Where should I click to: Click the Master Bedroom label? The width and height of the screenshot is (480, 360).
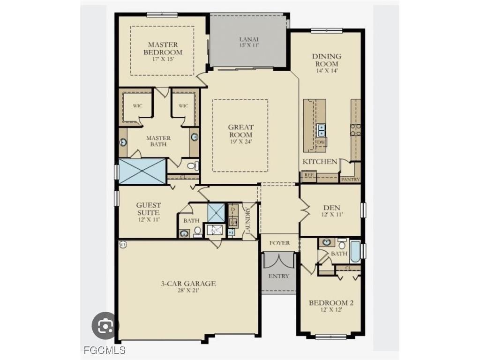(x=162, y=49)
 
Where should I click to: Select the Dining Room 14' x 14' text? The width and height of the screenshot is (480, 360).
(x=327, y=63)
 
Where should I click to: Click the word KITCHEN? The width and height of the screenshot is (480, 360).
(x=320, y=162)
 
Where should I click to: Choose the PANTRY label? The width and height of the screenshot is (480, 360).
(x=350, y=179)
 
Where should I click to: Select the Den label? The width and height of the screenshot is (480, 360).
(x=331, y=210)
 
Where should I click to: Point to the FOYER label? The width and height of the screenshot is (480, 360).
(x=279, y=243)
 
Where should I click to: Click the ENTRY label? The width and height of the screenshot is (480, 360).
(x=279, y=276)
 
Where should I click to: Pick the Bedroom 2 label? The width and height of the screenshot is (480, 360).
(x=331, y=306)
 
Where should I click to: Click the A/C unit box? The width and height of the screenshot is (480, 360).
(x=216, y=230)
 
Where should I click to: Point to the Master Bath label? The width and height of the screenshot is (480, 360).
(x=158, y=141)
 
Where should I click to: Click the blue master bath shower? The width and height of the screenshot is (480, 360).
(x=142, y=171)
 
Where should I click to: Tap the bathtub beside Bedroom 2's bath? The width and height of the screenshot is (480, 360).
(x=355, y=252)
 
